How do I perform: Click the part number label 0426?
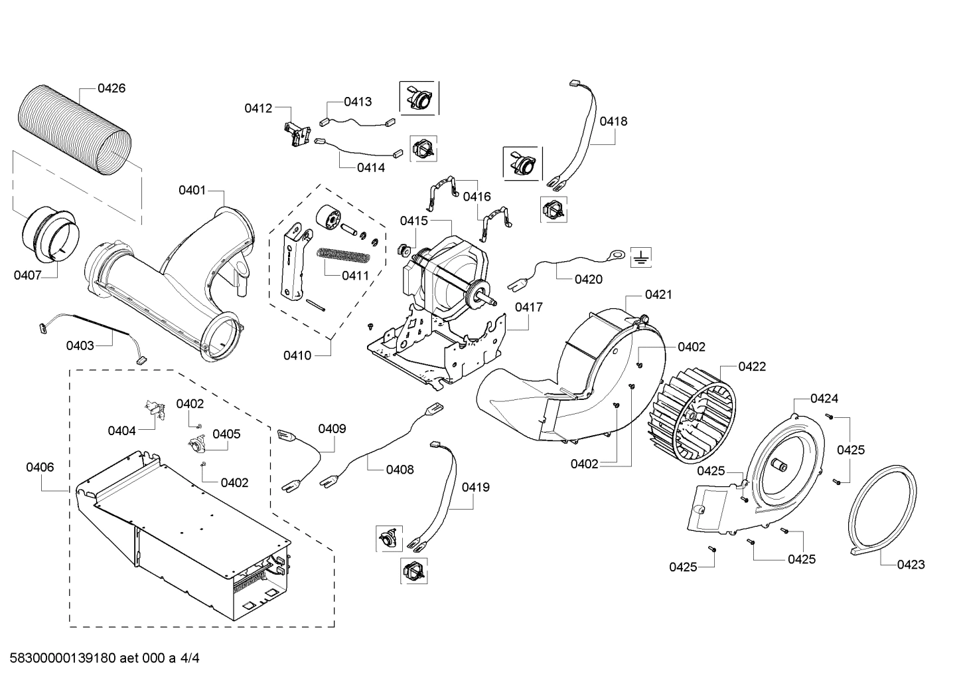pyautogui.click(x=111, y=88)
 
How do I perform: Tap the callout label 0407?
pyautogui.click(x=27, y=275)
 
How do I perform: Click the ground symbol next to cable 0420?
pyautogui.click(x=640, y=256)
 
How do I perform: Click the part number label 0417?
pyautogui.click(x=528, y=307)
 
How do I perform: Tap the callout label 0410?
pyautogui.click(x=297, y=355)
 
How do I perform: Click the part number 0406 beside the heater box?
pyautogui.click(x=40, y=467)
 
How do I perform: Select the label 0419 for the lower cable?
pyautogui.click(x=476, y=487)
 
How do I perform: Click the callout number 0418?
pyautogui.click(x=613, y=122)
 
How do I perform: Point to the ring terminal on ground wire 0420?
pyautogui.click(x=617, y=254)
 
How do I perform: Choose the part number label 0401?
pyautogui.click(x=192, y=191)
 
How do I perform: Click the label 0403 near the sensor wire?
pyautogui.click(x=80, y=345)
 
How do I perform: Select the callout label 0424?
pyautogui.click(x=824, y=399)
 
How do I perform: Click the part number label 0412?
pyautogui.click(x=258, y=108)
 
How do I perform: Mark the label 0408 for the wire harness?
pyautogui.click(x=400, y=470)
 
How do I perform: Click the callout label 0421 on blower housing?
pyautogui.click(x=658, y=294)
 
